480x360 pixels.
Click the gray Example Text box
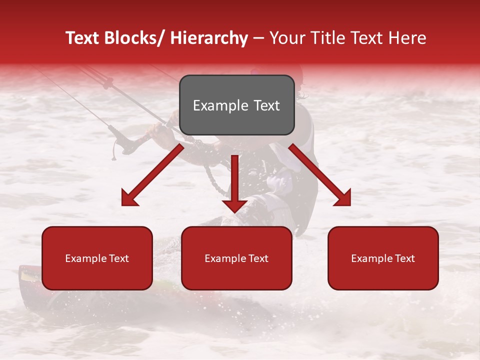(x=236, y=105)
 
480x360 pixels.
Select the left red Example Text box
(x=97, y=258)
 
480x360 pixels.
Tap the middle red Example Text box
(x=236, y=258)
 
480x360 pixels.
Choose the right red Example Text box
(x=383, y=258)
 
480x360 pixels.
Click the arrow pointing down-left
(x=152, y=175)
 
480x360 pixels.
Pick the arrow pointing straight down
(x=234, y=182)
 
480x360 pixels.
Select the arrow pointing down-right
(x=320, y=175)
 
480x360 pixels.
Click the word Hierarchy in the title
(x=208, y=38)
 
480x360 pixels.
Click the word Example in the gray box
(x=220, y=105)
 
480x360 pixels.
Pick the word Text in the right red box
(x=404, y=258)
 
